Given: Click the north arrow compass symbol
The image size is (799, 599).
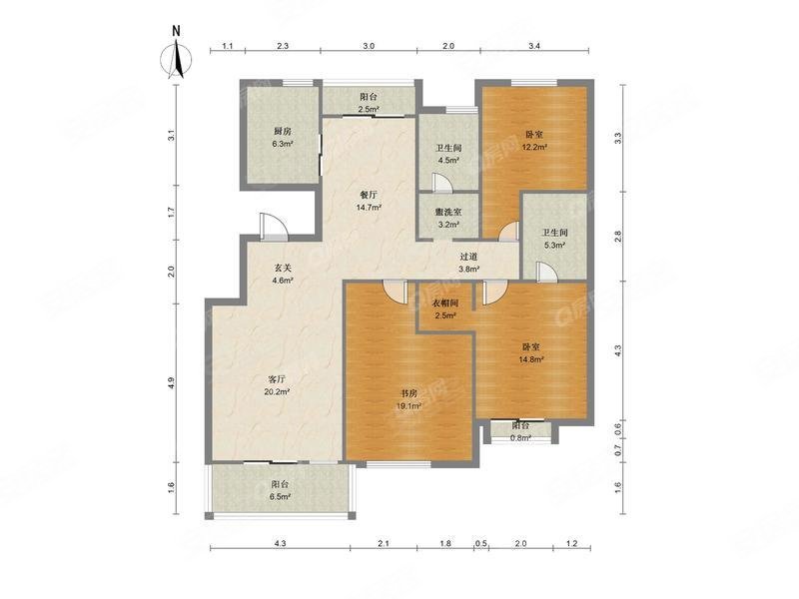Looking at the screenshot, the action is [177, 57].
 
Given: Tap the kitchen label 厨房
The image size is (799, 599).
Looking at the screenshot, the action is [282, 132].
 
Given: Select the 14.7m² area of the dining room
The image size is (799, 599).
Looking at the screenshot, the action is [369, 208].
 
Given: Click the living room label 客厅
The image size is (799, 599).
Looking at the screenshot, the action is [277, 379].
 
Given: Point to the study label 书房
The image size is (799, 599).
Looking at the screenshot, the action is [408, 393].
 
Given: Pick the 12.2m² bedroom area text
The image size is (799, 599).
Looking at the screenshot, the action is [534, 147].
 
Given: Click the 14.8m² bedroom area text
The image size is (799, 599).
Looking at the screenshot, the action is [530, 359].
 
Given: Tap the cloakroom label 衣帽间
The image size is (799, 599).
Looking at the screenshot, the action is [445, 303].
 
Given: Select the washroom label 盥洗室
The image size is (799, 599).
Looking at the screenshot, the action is [448, 212].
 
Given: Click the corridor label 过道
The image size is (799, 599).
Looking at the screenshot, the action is [468, 257].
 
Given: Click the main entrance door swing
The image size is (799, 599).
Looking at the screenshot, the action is [274, 226].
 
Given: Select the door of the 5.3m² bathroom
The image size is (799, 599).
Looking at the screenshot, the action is [545, 272].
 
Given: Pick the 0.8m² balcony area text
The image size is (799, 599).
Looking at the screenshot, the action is [520, 437].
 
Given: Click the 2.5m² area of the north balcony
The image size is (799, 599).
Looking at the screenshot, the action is [369, 109].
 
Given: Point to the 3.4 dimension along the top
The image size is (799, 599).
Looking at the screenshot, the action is [534, 46].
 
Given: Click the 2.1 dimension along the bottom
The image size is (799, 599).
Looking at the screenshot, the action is [384, 543].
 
